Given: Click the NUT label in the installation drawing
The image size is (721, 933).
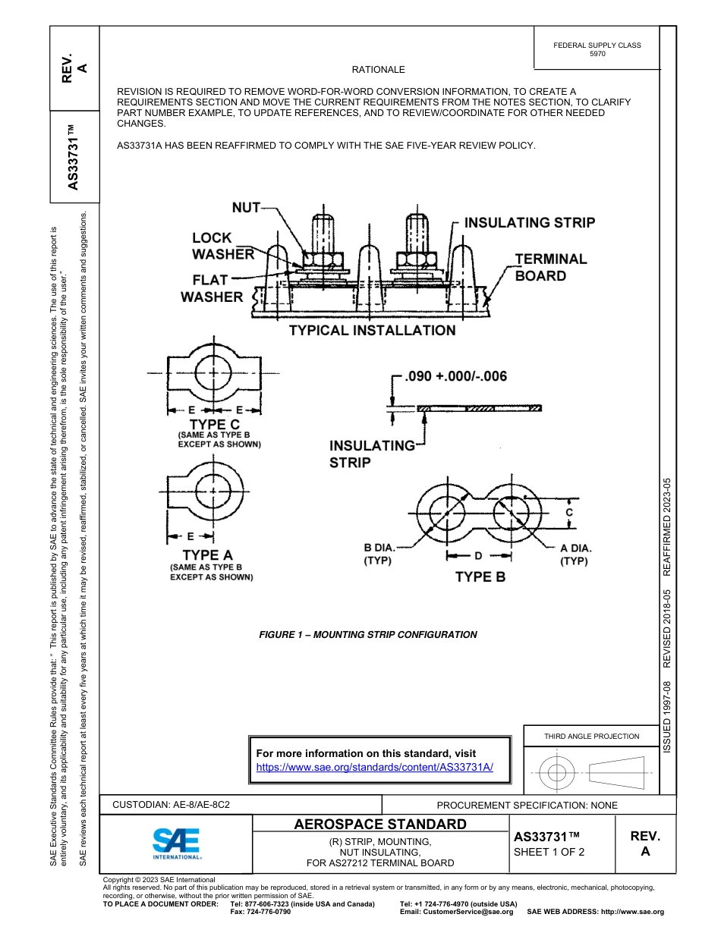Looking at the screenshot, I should [x=246, y=207].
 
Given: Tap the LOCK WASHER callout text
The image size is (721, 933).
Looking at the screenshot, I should [x=222, y=246].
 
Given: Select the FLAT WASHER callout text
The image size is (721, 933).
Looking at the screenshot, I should [x=212, y=288].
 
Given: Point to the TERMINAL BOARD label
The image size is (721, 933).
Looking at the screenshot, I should [x=551, y=267].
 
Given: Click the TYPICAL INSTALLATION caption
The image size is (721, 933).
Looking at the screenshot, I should [x=372, y=331].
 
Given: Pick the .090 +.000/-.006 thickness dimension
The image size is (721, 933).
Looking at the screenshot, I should [x=456, y=376].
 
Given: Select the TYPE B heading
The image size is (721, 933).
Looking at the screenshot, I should [x=480, y=577].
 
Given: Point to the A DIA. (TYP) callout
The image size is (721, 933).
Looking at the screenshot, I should [x=575, y=554].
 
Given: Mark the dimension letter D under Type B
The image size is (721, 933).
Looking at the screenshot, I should [x=478, y=556].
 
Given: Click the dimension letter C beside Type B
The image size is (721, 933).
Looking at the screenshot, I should [x=569, y=513].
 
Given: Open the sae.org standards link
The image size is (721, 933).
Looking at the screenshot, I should [x=375, y=767].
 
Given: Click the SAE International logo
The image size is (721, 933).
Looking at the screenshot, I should [x=177, y=843].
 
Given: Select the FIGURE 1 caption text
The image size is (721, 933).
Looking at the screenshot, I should [x=368, y=635].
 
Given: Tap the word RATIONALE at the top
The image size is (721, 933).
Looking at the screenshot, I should [x=379, y=70].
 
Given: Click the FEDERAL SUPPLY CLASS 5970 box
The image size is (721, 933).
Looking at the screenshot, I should [x=597, y=49].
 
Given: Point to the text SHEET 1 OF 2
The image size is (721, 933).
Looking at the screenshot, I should [x=549, y=852].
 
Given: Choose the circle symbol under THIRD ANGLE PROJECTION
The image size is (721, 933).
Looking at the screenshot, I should [x=557, y=772].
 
